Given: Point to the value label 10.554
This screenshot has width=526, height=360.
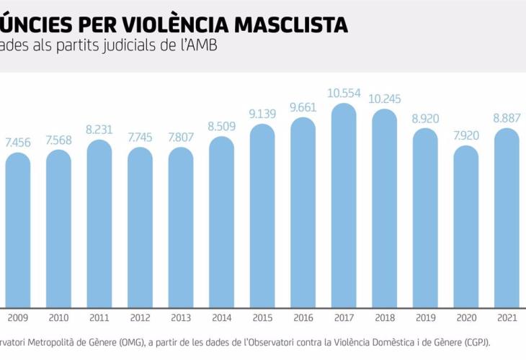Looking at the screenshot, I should point(343,94).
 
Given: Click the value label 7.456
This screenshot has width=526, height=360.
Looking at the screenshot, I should point(17,143).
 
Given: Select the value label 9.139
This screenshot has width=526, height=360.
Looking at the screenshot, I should point(262,114).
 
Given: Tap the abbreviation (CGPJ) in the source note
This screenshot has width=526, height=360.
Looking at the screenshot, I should point(473,343).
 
